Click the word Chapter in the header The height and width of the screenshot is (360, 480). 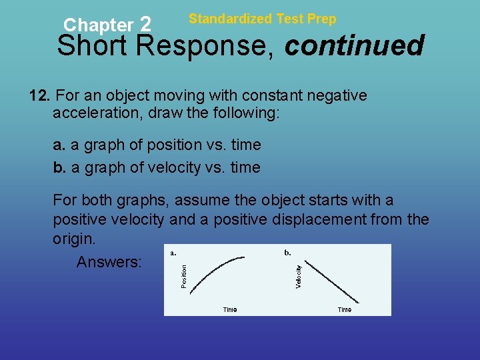pyautogui.click(x=98, y=25)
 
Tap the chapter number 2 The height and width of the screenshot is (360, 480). pyautogui.click(x=147, y=25)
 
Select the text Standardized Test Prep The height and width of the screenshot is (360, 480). pyautogui.click(x=263, y=19)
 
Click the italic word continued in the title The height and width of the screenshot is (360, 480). pyautogui.click(x=354, y=46)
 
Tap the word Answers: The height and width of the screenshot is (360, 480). pyautogui.click(x=109, y=262)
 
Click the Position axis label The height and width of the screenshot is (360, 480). pyautogui.click(x=184, y=277)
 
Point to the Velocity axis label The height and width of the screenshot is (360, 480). pyautogui.click(x=299, y=277)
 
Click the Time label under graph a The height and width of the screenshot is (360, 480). pyautogui.click(x=229, y=309)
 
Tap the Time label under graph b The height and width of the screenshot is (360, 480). pyautogui.click(x=344, y=309)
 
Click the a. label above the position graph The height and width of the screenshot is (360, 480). pyautogui.click(x=173, y=253)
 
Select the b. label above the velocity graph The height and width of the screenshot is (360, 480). pyautogui.click(x=287, y=253)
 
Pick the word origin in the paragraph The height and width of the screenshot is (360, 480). pyautogui.click(x=74, y=238)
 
